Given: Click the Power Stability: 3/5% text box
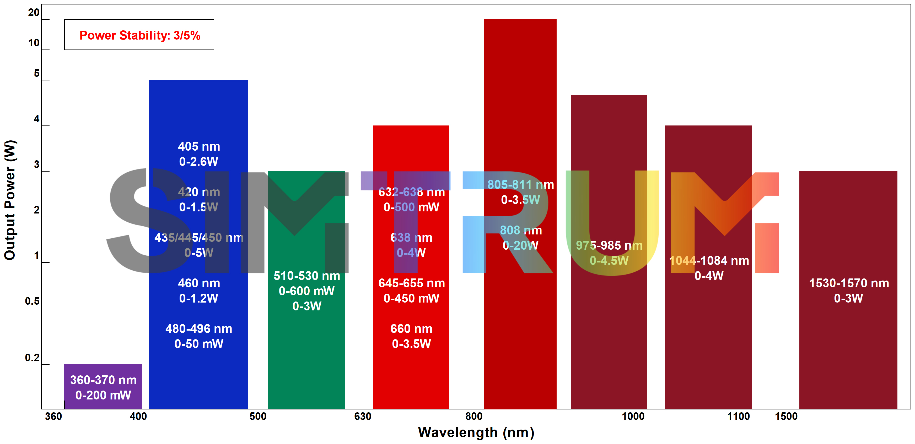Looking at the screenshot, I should [139, 35].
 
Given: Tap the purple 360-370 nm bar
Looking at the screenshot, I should [103, 387].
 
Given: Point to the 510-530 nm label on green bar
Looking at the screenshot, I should [306, 276].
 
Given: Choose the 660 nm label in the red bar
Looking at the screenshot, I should [411, 329].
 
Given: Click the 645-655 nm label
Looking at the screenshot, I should [411, 283].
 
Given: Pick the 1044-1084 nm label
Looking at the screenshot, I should [709, 261].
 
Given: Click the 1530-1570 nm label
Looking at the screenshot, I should [849, 283].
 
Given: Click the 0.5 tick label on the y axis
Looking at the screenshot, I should [32, 301].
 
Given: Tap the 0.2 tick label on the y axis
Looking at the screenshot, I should [32, 358].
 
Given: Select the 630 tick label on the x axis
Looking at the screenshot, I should [362, 416].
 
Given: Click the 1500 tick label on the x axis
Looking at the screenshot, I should [786, 416].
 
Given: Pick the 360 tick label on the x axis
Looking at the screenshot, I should [53, 416].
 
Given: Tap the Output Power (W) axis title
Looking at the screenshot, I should [10, 200].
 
